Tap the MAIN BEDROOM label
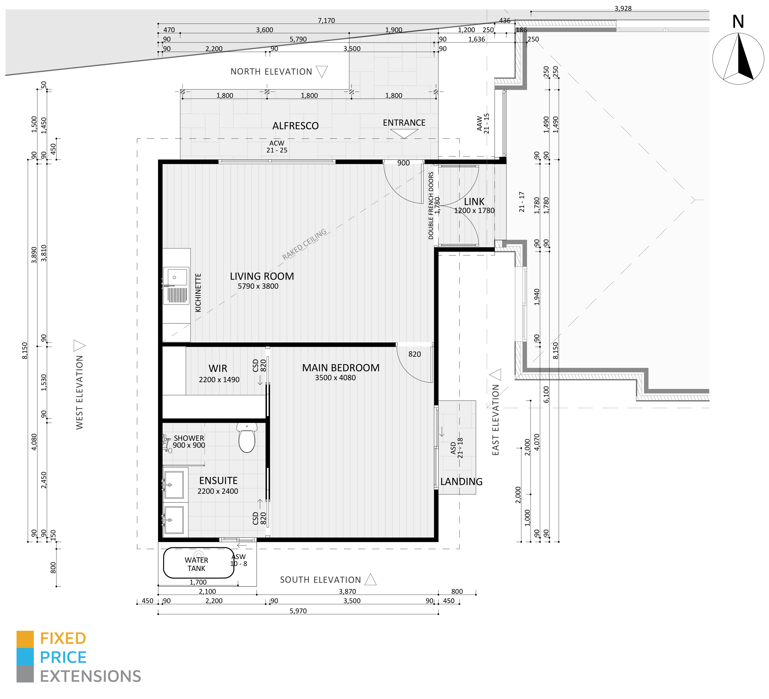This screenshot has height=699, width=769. click(341, 368)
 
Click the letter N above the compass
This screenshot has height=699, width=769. click(738, 22)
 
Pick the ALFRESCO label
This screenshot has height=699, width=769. click(296, 126)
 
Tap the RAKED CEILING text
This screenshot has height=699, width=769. click(304, 244)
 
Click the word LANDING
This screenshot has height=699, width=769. click(461, 482)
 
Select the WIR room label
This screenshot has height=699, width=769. click(218, 368)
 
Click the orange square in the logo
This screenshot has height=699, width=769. click(25, 639)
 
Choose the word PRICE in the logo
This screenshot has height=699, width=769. click(63, 658)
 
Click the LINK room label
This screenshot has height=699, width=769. click(474, 202)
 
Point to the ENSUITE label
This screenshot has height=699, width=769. click(219, 481)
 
